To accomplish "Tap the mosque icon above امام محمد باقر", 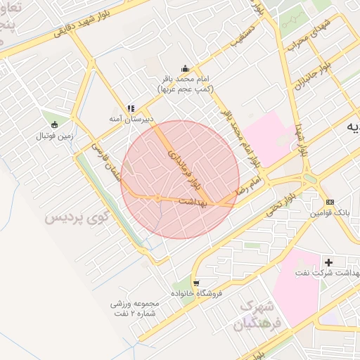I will tap(185, 68).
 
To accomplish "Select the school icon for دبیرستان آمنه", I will tap(130, 108).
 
